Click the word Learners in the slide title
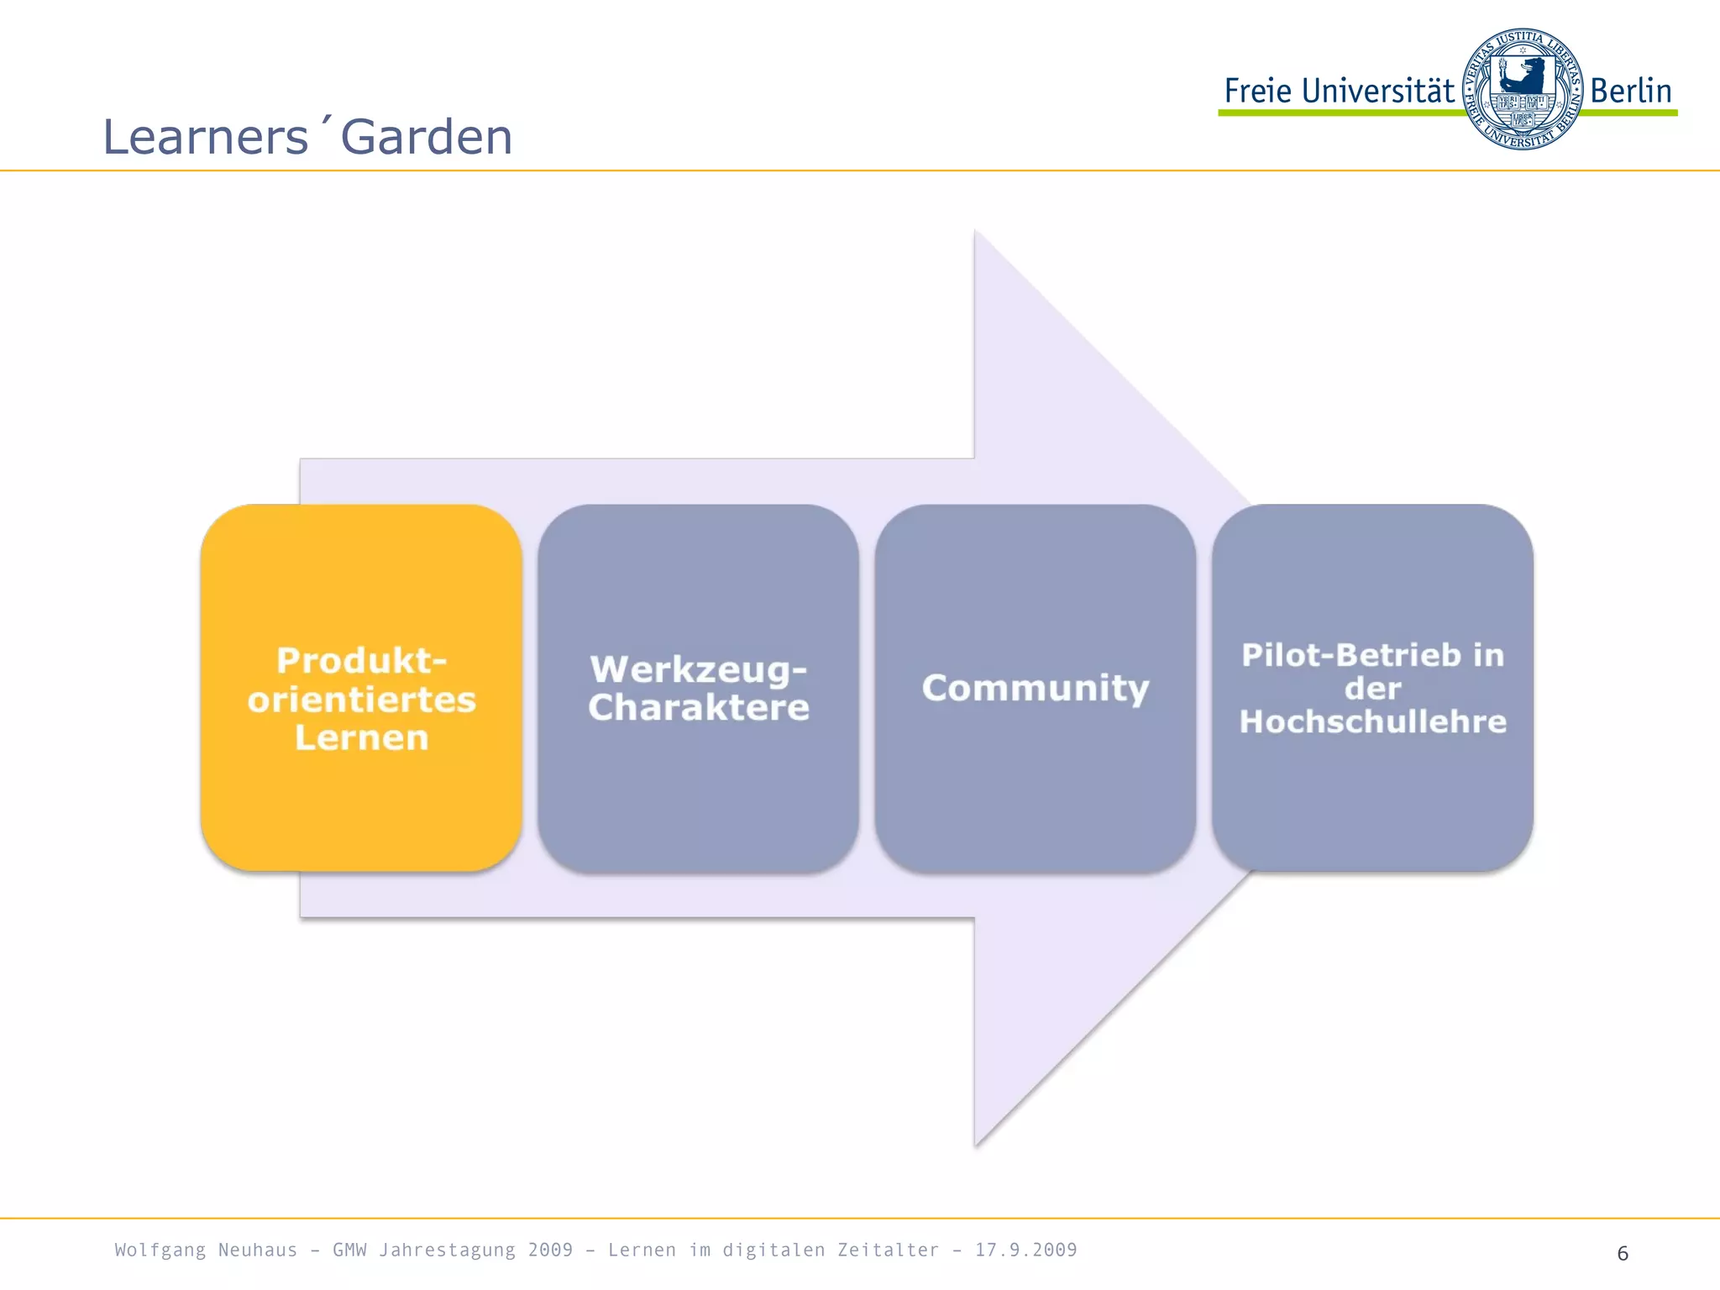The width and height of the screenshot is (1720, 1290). [x=206, y=137]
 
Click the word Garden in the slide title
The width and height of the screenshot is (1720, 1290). [x=427, y=137]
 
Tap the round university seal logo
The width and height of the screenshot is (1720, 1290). [x=1522, y=89]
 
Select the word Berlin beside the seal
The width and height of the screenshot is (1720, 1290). [x=1631, y=91]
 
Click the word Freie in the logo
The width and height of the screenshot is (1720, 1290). [x=1257, y=91]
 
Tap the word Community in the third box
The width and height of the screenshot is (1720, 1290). [x=1035, y=688]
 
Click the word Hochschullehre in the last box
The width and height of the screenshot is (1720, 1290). [x=1372, y=721]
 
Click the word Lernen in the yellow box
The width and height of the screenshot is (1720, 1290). [x=361, y=737]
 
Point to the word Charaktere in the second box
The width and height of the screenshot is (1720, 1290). [x=698, y=707]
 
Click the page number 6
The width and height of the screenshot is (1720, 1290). [x=1623, y=1253]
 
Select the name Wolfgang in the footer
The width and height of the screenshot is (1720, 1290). [x=160, y=1250]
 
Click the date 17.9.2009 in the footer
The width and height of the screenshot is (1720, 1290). [x=1025, y=1250]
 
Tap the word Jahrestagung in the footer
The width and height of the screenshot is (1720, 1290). [x=447, y=1250]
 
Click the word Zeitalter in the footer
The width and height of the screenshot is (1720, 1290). [x=888, y=1250]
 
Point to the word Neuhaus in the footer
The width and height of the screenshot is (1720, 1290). [x=257, y=1250]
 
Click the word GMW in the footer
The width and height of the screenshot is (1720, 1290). [x=349, y=1250]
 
